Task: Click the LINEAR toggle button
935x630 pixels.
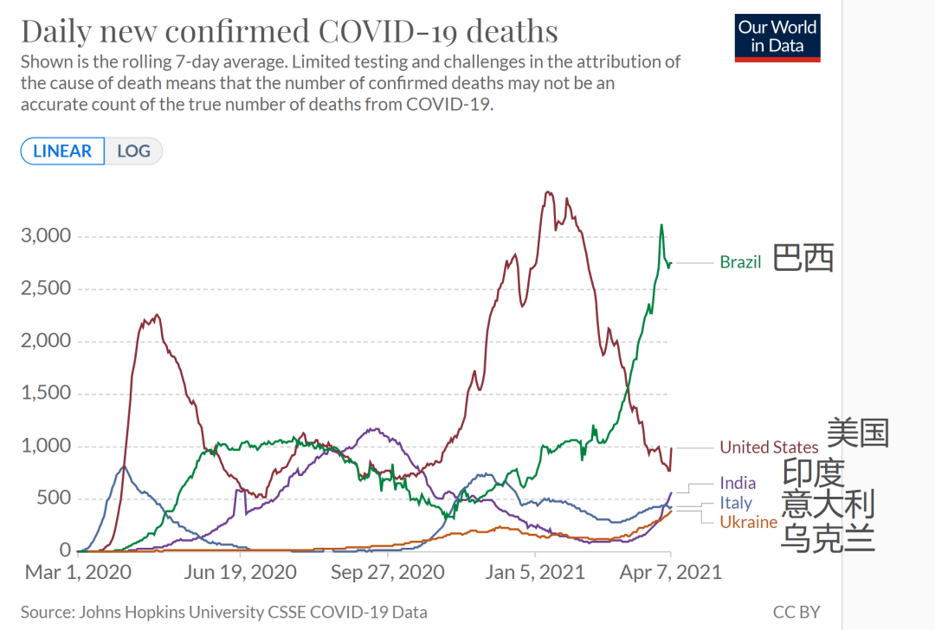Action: (x=62, y=151)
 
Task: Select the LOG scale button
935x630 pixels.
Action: (x=133, y=151)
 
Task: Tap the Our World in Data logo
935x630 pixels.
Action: (x=777, y=37)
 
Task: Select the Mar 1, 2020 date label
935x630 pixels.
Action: (x=78, y=572)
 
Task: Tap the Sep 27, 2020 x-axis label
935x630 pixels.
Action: (x=387, y=572)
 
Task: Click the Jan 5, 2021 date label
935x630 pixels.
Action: (x=534, y=572)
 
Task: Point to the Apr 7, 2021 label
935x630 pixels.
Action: (x=671, y=572)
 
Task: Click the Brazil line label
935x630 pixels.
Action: (x=740, y=262)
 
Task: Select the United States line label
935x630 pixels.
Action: (x=769, y=447)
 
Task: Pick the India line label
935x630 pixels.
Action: (x=738, y=483)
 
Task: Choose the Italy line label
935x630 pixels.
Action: (x=736, y=503)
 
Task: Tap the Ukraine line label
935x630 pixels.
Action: (x=748, y=522)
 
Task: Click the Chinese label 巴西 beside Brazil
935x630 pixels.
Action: (x=803, y=259)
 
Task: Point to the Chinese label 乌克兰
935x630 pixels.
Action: (x=827, y=537)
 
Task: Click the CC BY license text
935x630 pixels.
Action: (x=796, y=612)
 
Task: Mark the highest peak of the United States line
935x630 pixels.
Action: (x=548, y=192)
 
